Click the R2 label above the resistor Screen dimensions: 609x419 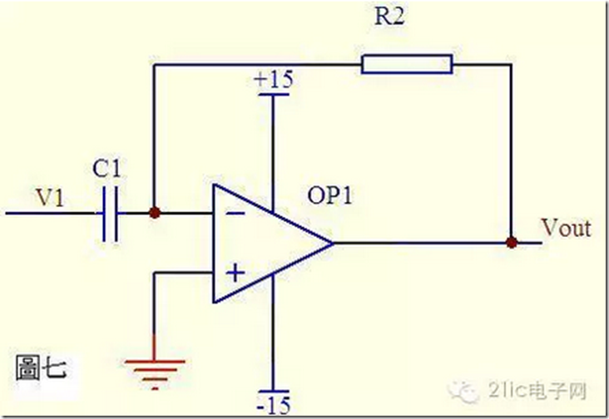coord(389,17)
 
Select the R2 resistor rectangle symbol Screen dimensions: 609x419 coord(407,64)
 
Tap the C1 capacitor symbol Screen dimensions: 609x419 coord(111,214)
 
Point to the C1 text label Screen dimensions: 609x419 coord(106,169)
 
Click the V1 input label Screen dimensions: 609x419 coord(50,198)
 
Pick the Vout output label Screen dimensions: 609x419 coord(567,228)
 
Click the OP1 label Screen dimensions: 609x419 coord(329,195)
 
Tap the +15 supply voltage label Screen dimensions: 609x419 coord(274,80)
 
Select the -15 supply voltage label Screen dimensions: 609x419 coord(274,406)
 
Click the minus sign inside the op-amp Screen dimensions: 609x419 coord(235,214)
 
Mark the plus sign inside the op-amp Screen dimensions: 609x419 coord(235,273)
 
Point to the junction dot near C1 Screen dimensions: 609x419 coord(155,213)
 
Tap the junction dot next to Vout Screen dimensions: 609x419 coord(512,243)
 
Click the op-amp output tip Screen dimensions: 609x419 coord(334,244)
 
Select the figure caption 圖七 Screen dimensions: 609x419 coord(41,367)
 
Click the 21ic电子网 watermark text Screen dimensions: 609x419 coord(537,390)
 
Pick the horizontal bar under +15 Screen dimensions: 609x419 coord(274,94)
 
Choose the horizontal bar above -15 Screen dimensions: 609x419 coord(274,392)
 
